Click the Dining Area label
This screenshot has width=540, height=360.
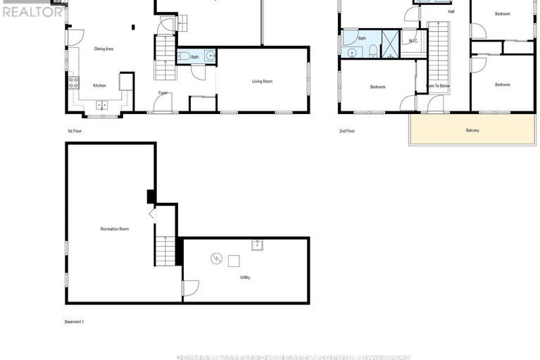[104, 49]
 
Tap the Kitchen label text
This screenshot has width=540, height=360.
[100, 86]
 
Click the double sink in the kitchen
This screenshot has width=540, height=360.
[102, 106]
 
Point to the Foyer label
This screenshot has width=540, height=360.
[163, 92]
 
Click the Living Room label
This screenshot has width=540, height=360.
[262, 82]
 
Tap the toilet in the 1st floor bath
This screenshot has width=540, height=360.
[185, 56]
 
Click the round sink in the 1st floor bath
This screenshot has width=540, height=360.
[209, 56]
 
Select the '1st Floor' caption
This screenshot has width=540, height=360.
[75, 131]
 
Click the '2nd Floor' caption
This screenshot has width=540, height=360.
[347, 131]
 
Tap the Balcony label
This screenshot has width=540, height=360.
[472, 130]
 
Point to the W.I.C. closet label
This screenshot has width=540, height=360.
[413, 41]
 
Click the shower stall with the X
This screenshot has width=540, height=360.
[389, 43]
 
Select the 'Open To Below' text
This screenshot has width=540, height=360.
[437, 86]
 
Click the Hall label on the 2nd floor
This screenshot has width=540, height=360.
[451, 12]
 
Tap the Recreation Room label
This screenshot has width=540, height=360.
[114, 229]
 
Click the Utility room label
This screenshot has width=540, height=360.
[244, 278]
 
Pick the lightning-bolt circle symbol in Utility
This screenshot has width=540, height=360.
[215, 259]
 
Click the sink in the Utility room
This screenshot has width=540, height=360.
[258, 244]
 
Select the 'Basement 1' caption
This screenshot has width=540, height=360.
[74, 322]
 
